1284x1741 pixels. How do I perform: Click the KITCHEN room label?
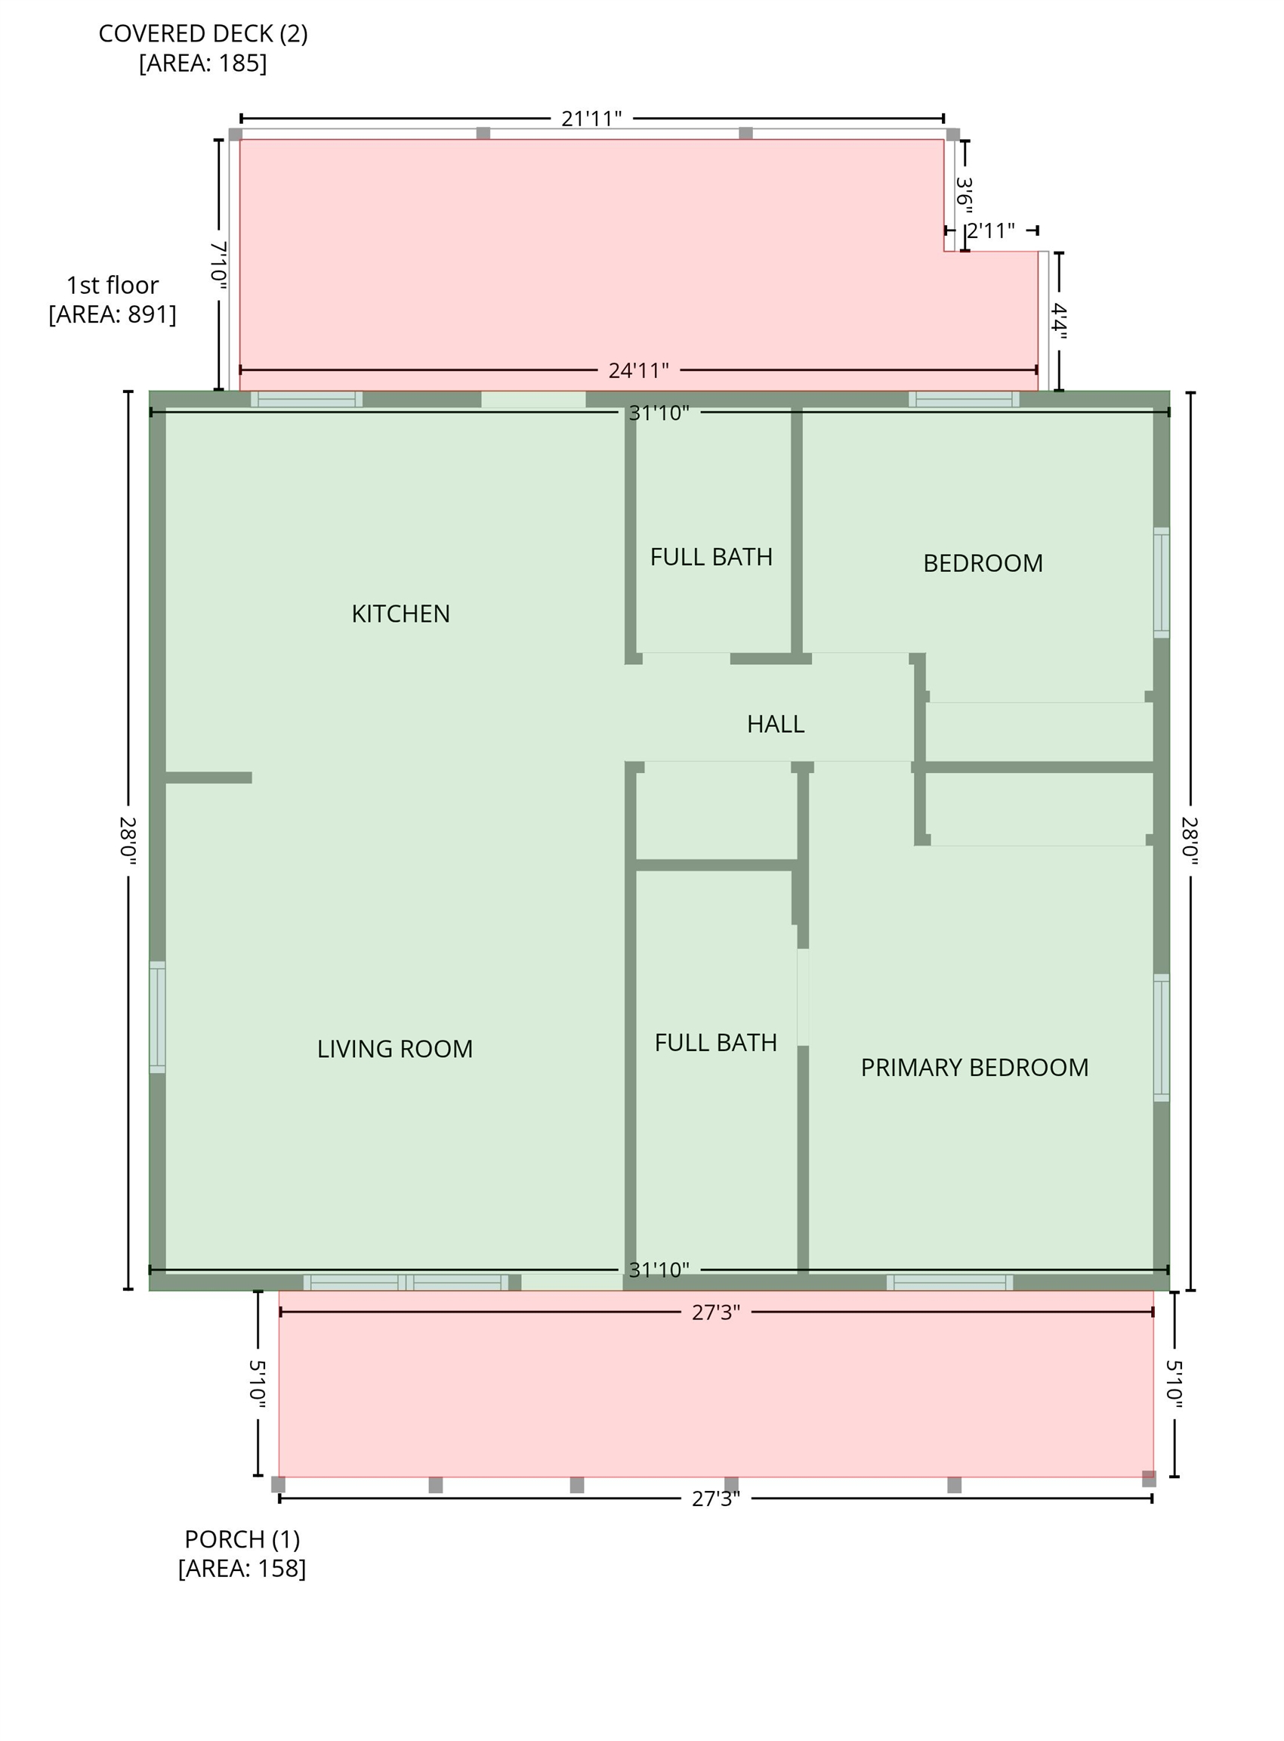click(400, 614)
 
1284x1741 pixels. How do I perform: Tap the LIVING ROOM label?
click(395, 1049)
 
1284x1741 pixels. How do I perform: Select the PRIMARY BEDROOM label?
click(974, 1068)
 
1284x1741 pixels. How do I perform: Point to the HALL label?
click(776, 724)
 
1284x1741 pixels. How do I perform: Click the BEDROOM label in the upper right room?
click(983, 563)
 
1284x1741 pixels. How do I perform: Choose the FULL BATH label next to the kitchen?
click(711, 557)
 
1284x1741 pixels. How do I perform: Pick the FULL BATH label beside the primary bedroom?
click(716, 1043)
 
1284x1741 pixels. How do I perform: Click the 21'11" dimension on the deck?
click(591, 118)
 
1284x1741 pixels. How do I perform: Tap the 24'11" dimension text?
click(639, 370)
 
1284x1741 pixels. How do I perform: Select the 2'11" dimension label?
click(991, 231)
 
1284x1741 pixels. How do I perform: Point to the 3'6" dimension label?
click(965, 194)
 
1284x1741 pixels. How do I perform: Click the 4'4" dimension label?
click(1059, 321)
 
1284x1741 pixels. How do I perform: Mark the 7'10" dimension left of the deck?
click(218, 266)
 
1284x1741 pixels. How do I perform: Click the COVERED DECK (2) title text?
click(203, 33)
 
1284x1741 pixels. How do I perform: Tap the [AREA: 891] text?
click(113, 314)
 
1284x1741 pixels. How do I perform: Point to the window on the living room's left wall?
click(157, 1017)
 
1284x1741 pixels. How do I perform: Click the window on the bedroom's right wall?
click(1161, 583)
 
